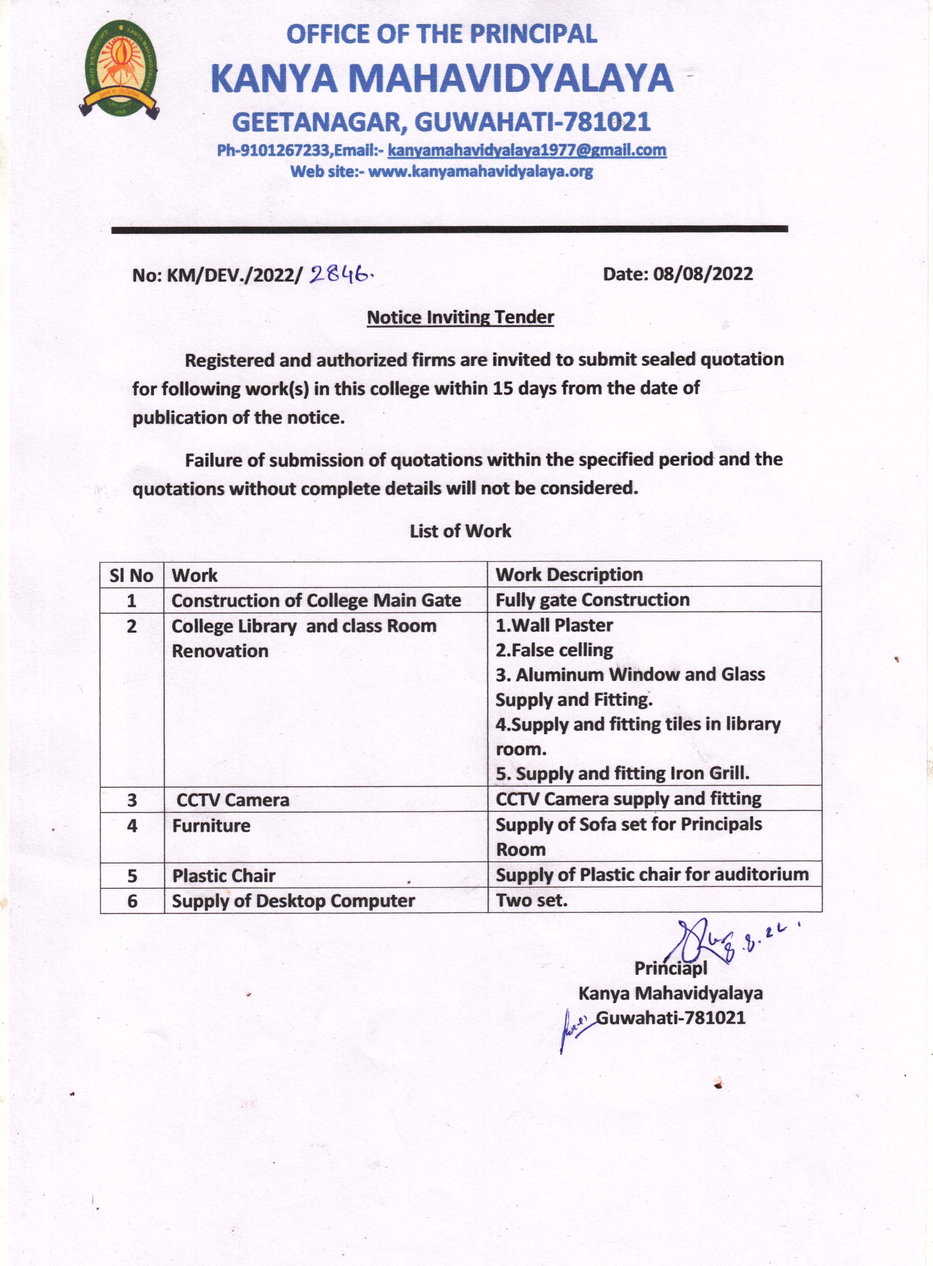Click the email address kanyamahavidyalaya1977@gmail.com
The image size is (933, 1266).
coord(526,150)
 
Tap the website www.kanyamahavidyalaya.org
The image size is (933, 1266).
coord(480,172)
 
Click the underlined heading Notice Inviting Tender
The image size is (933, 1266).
coord(460,317)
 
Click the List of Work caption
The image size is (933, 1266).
coord(460,531)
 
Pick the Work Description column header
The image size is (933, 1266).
coord(569,575)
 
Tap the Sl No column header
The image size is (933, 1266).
coord(131,575)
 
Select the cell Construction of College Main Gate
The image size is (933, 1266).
coord(316,600)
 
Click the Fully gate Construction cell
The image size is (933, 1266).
coord(593,600)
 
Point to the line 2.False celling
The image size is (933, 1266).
coord(554,650)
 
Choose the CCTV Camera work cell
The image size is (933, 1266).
coord(233,800)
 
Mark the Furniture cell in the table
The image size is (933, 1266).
coord(211,826)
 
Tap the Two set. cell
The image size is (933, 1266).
coord(531,900)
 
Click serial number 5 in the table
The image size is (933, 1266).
coord(132,876)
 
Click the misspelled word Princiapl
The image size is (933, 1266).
coord(671,968)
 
